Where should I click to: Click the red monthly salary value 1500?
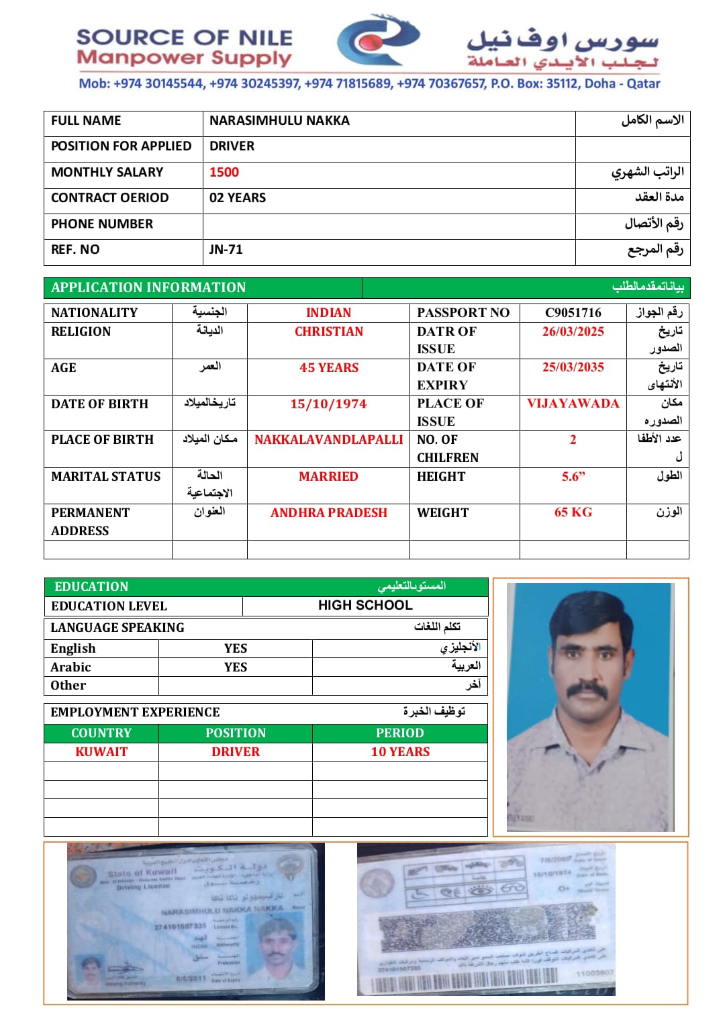(x=224, y=173)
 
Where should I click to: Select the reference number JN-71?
(x=226, y=250)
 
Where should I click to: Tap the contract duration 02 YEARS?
(x=238, y=198)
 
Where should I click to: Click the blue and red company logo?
(x=378, y=42)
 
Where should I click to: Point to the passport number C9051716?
(x=573, y=313)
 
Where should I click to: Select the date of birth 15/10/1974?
(x=328, y=404)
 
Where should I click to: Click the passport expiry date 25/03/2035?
(x=573, y=367)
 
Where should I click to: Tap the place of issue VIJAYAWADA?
(x=573, y=404)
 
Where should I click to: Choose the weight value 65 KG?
(x=573, y=512)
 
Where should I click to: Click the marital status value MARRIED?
(x=328, y=477)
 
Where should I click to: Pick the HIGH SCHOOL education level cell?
(x=365, y=606)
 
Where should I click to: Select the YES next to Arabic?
(x=236, y=667)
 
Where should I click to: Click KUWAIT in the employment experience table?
(x=101, y=752)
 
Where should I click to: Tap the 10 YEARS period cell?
(x=400, y=752)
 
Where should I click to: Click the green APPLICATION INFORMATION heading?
(x=148, y=287)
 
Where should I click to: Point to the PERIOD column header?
(x=400, y=733)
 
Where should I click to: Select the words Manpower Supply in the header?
(x=184, y=58)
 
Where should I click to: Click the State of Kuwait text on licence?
(x=142, y=874)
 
